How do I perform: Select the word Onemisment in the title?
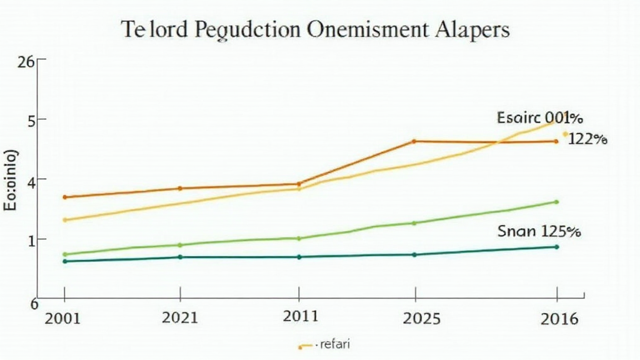(x=366, y=30)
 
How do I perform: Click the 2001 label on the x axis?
(x=62, y=317)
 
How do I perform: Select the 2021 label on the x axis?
(x=180, y=317)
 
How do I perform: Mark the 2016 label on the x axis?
(x=557, y=317)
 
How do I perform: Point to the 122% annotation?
(x=587, y=140)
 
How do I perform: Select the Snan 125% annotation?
(x=539, y=231)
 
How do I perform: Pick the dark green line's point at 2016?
(x=556, y=247)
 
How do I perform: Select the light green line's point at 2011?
(x=299, y=238)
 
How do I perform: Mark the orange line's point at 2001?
(x=64, y=197)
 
